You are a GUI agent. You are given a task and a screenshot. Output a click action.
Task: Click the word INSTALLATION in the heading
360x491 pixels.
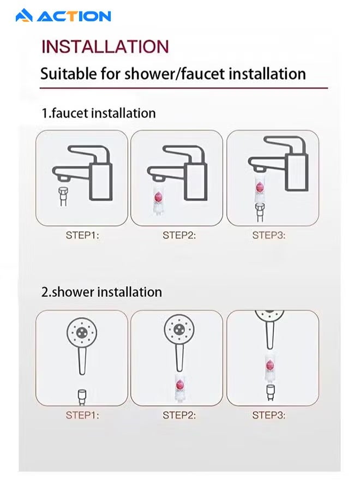click(105, 46)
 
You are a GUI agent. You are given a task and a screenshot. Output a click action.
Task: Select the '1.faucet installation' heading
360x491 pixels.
click(99, 113)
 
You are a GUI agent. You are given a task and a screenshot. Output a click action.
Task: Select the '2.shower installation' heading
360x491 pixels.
click(101, 292)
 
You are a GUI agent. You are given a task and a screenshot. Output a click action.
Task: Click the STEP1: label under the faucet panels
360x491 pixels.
click(82, 236)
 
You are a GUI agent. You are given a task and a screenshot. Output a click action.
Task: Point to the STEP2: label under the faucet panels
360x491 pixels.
click(179, 236)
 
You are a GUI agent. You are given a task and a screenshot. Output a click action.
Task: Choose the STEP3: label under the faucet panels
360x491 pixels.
click(268, 236)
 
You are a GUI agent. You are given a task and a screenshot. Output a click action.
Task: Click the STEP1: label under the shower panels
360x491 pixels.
click(82, 415)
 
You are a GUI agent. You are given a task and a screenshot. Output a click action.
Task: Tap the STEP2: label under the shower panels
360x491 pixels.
click(179, 415)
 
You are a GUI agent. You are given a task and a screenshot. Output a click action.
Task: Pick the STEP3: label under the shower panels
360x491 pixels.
click(268, 415)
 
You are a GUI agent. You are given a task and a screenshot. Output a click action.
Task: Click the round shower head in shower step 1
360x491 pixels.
click(82, 331)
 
